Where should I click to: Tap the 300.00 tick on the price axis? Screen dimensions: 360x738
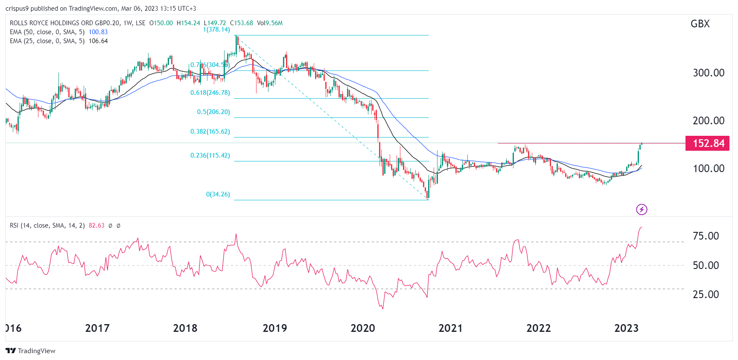pos(709,73)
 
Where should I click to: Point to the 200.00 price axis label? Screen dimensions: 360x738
pos(709,121)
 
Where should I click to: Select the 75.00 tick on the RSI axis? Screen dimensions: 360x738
pos(706,236)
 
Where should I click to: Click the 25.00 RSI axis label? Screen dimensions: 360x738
pos(706,295)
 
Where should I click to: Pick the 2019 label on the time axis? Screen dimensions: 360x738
pos(274,328)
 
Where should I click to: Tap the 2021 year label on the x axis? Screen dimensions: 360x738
pos(450,328)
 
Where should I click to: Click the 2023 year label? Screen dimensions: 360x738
pos(626,328)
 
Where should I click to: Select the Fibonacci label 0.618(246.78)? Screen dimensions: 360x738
pos(210,93)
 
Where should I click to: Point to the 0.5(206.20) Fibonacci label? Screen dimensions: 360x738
pos(213,112)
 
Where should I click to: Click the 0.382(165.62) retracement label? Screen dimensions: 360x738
pos(210,132)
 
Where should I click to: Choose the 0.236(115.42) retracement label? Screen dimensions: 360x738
pos(210,155)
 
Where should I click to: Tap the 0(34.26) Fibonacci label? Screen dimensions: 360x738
pos(218,194)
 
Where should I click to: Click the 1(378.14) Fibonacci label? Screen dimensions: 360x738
pos(216,29)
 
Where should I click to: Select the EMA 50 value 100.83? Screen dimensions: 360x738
pos(98,32)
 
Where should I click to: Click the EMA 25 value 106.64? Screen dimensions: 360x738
pos(98,41)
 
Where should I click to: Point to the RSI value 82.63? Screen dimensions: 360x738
pos(96,225)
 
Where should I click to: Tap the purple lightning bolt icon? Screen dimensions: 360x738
pos(642,209)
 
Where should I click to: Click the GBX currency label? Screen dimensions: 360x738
pos(700,24)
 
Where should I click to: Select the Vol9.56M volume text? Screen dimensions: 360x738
pos(270,23)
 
